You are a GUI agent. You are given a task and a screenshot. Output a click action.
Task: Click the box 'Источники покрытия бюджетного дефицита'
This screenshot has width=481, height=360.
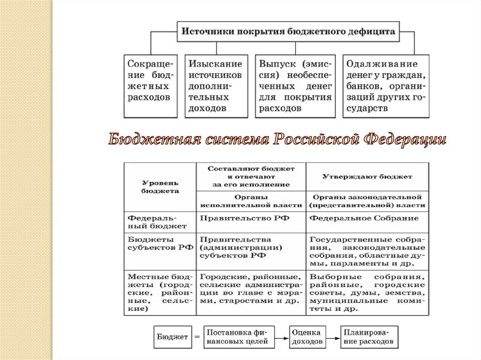click(288, 32)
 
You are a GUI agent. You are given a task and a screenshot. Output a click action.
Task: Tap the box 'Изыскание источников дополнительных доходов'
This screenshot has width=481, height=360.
click(216, 85)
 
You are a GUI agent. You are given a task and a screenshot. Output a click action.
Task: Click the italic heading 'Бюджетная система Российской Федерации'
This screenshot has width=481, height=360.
click(277, 140)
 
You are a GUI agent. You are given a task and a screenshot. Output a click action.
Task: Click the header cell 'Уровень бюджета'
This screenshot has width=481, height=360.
click(160, 187)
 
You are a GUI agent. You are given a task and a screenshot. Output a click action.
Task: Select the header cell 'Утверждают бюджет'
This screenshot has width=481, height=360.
click(367, 177)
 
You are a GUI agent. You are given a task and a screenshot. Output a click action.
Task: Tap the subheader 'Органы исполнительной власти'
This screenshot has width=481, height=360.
click(251, 201)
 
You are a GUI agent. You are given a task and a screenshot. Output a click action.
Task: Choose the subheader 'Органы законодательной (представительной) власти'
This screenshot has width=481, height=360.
click(367, 201)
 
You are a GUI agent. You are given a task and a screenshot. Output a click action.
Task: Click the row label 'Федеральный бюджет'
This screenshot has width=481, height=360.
click(160, 222)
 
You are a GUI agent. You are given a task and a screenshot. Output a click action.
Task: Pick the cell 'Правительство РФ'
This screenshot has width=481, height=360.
click(251, 219)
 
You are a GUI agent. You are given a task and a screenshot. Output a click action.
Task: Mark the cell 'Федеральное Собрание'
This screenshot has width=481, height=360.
click(367, 219)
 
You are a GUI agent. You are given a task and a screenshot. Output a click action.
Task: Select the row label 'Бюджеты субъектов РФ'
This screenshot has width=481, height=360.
click(160, 244)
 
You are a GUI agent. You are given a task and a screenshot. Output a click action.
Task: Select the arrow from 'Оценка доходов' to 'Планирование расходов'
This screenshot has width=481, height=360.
click(333, 337)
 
